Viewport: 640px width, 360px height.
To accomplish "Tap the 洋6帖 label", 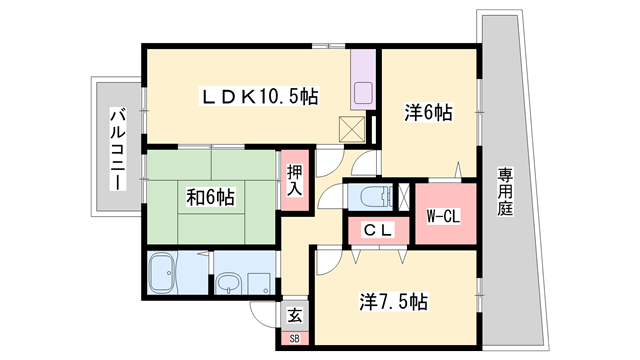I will point(429,112).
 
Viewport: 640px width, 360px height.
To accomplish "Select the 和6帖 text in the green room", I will point(210,197).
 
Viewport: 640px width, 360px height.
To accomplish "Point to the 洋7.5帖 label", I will point(394,301).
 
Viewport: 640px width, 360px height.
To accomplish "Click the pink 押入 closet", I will point(294,180).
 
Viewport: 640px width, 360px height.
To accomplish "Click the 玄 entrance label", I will point(295,315).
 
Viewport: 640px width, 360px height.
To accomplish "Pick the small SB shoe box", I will point(294,339).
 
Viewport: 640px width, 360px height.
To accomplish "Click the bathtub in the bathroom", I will point(162,272).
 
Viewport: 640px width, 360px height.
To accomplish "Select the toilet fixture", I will point(374,195).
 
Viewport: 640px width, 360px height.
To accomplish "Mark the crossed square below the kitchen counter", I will point(351,127).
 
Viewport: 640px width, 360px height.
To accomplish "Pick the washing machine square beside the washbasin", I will point(259,283).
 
